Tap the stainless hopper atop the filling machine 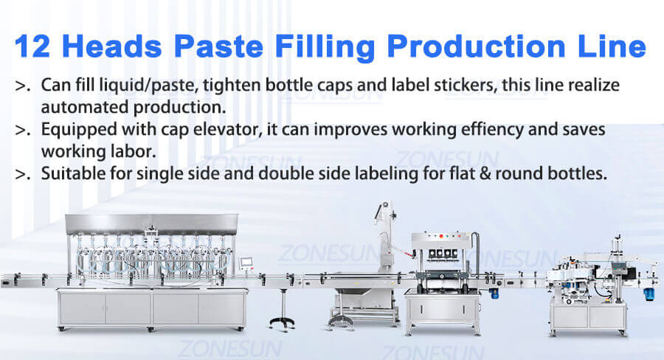click(x=151, y=221)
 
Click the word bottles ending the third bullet click(x=583, y=175)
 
